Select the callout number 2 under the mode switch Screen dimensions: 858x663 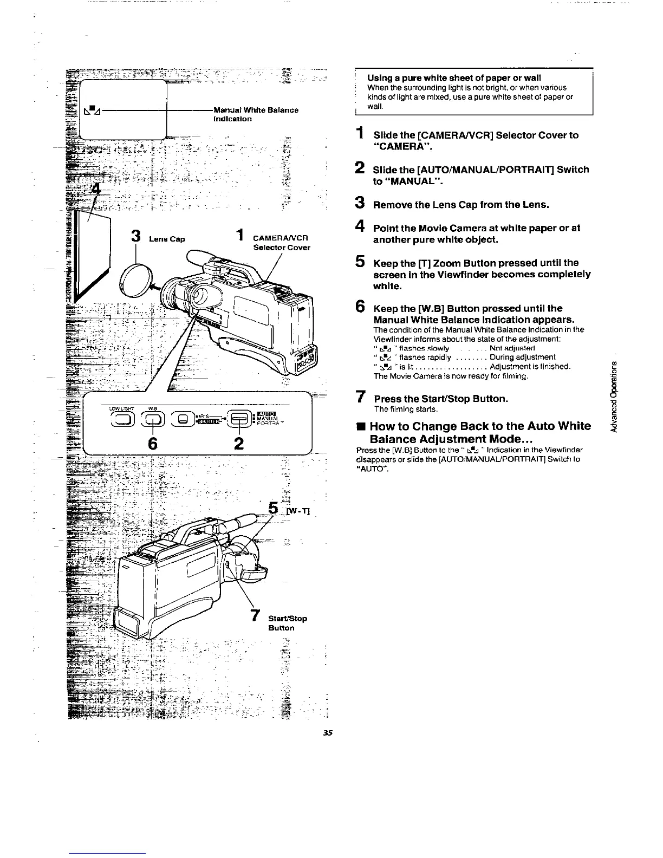239,444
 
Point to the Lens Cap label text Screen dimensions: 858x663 167,239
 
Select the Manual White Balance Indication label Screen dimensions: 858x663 255,114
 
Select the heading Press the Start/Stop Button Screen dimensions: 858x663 441,399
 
